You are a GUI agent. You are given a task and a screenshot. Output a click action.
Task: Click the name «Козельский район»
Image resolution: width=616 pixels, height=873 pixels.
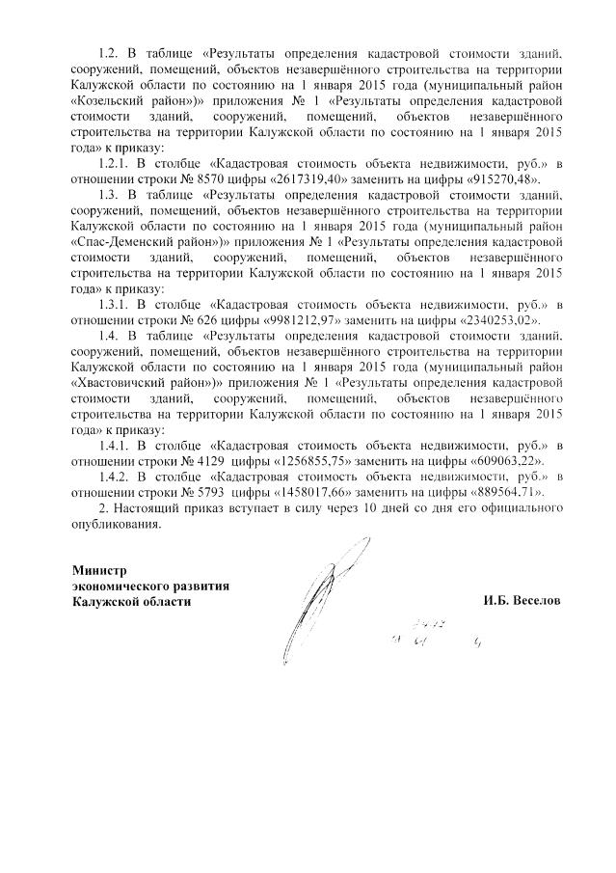click(x=133, y=99)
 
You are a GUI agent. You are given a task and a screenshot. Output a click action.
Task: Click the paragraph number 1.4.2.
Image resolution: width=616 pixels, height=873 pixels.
click(x=117, y=477)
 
